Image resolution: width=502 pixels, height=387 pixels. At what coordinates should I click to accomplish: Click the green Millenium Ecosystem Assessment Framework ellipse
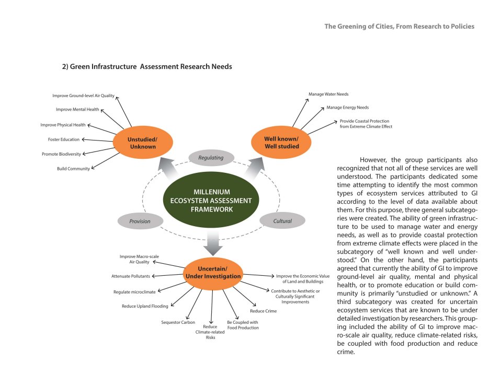point(211,200)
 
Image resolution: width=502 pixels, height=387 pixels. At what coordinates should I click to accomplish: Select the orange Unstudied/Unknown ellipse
point(143,143)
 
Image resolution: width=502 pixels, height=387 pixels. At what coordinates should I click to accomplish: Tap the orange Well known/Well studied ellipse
point(281,143)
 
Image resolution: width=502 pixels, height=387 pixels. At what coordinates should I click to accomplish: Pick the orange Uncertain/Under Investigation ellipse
point(213,273)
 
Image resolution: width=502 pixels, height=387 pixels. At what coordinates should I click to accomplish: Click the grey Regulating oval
point(211,158)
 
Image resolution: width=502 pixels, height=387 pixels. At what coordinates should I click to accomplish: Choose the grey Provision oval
point(140,221)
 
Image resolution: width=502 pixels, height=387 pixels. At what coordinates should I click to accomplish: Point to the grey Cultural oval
point(282,221)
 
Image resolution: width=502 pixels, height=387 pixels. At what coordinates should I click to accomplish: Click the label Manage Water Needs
point(328,94)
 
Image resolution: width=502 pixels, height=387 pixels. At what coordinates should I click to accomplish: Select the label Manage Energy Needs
point(348,108)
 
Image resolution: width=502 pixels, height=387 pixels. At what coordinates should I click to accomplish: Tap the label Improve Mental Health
point(77,109)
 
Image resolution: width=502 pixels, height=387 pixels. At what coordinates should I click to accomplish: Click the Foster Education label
point(64,139)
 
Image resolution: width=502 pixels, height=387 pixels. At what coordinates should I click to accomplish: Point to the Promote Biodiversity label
point(62,154)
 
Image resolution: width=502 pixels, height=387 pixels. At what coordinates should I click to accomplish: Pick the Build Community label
point(73,169)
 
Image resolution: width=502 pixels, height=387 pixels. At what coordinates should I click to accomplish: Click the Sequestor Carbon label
point(178,322)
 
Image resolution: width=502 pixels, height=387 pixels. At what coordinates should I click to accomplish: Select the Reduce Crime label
point(264,311)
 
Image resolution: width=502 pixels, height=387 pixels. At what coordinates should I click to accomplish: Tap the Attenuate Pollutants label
point(131,276)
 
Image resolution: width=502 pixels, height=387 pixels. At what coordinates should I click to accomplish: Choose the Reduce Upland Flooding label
point(145,306)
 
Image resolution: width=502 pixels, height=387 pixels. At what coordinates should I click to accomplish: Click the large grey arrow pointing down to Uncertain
point(213,243)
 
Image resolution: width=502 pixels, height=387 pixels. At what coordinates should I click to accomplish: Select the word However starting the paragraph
point(374,160)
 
